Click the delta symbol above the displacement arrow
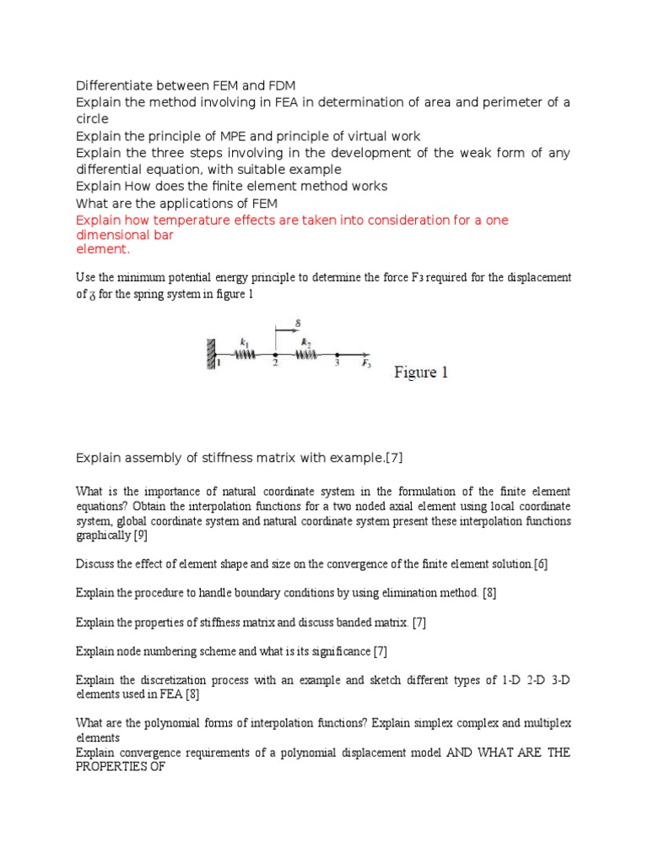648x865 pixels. tap(298, 322)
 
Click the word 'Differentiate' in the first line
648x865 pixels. tap(111, 85)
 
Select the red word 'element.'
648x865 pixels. tap(102, 250)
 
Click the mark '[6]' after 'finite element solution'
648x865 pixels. tap(540, 564)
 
